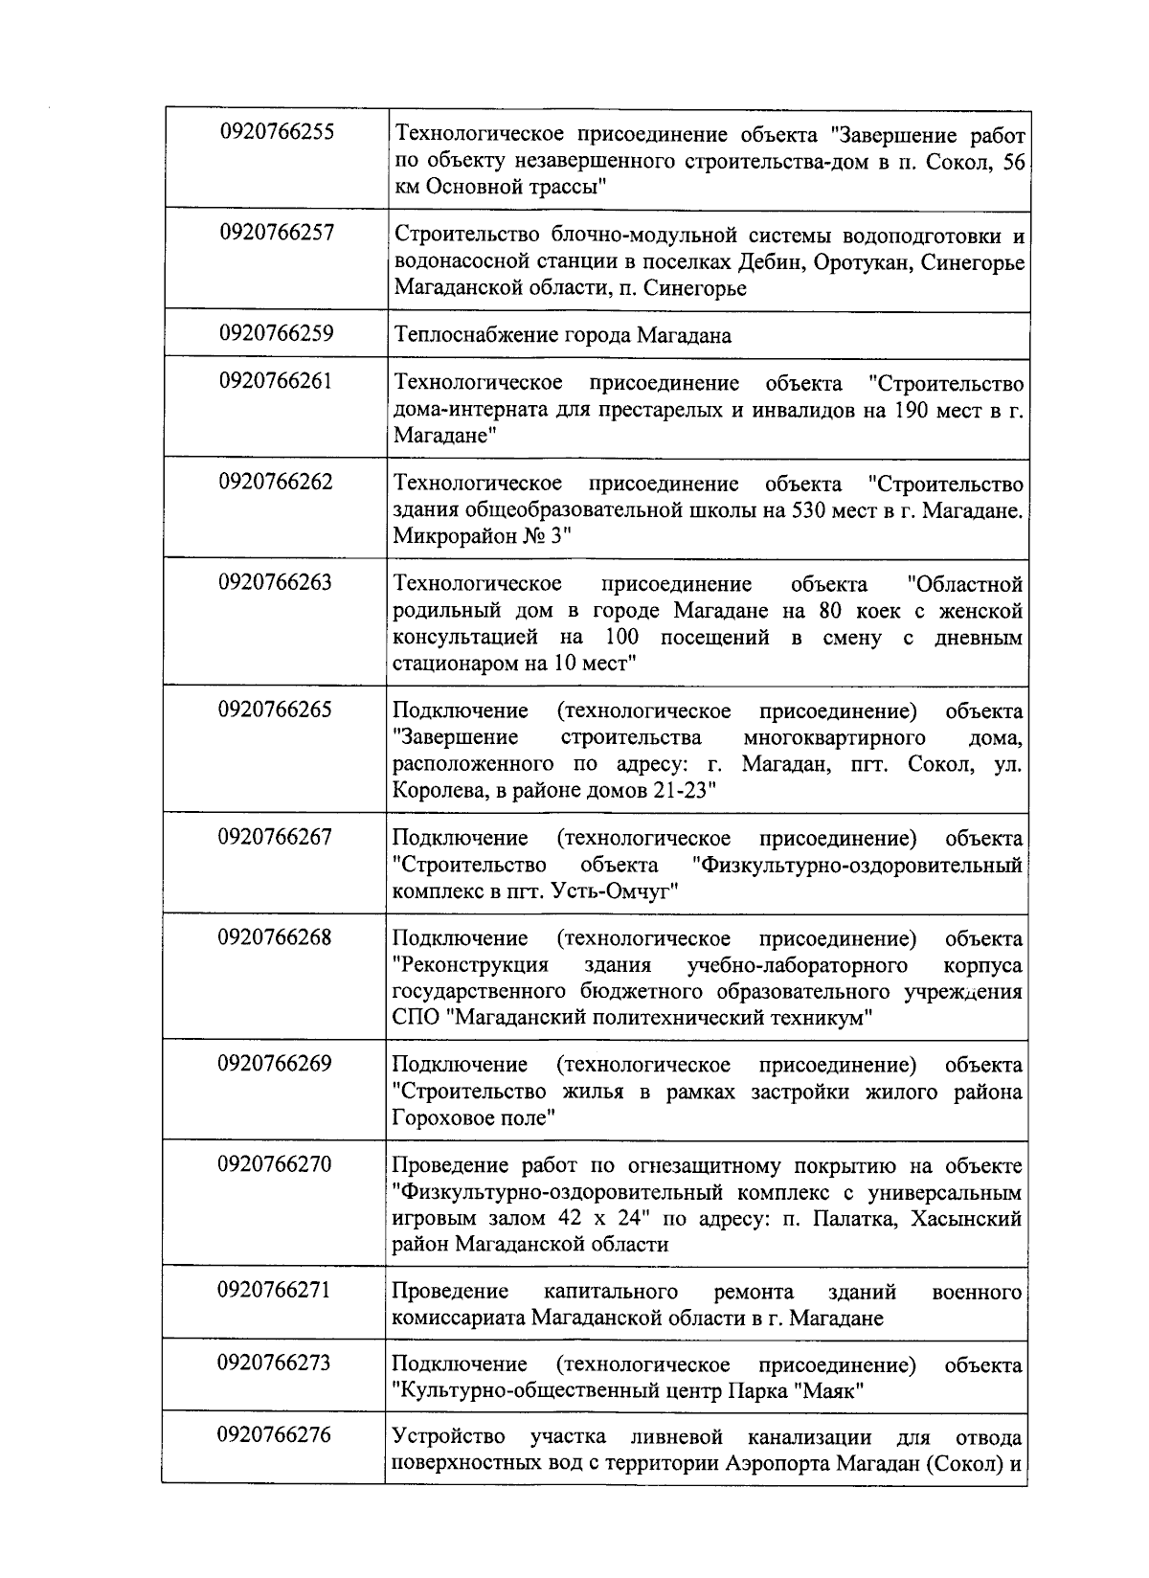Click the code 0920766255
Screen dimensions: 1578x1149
pyautogui.click(x=276, y=132)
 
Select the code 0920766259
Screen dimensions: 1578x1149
pyautogui.click(x=276, y=333)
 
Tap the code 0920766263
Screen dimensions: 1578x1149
pyautogui.click(x=276, y=582)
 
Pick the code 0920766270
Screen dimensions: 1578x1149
pyautogui.click(x=276, y=1164)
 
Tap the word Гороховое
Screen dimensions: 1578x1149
pyautogui.click(x=444, y=1118)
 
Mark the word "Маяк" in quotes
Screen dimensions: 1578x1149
pyautogui.click(x=830, y=1391)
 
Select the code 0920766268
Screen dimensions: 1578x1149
pyautogui.click(x=276, y=936)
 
